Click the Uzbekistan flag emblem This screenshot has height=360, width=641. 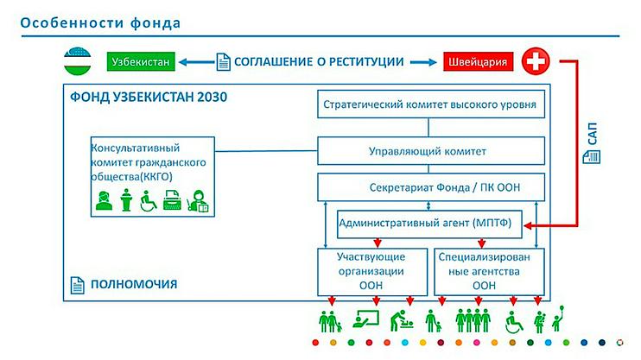pyautogui.click(x=79, y=62)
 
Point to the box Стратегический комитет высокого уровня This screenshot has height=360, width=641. pyautogui.click(x=428, y=106)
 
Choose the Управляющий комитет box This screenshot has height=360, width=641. pyautogui.click(x=428, y=151)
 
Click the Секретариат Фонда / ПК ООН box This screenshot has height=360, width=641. pyautogui.click(x=428, y=187)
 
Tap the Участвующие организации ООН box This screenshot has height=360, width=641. pyautogui.click(x=372, y=270)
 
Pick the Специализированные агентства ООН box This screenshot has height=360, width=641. pyautogui.click(x=485, y=270)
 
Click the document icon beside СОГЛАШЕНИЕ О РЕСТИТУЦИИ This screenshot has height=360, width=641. pyautogui.click(x=224, y=62)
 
